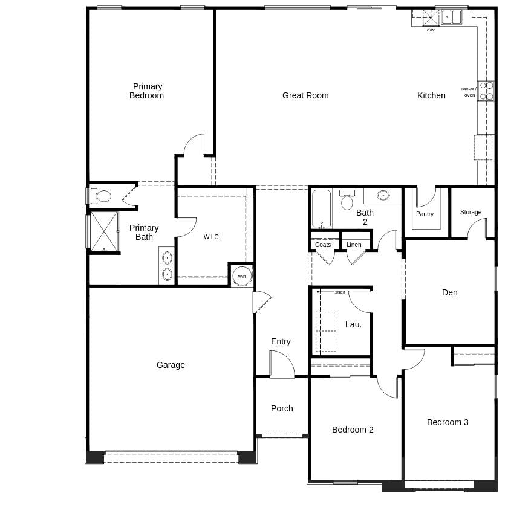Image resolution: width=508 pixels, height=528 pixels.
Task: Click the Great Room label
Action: (x=305, y=95)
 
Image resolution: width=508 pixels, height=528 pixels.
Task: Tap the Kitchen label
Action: (x=431, y=95)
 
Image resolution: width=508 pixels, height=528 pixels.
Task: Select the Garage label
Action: (x=171, y=365)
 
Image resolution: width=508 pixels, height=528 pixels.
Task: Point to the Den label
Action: (x=449, y=292)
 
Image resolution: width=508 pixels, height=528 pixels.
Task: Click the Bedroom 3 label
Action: (x=448, y=422)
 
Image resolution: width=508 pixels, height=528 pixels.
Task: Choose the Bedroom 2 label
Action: (x=353, y=430)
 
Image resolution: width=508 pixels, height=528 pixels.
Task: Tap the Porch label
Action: (x=282, y=408)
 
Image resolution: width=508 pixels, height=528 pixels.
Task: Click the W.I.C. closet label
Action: (x=212, y=237)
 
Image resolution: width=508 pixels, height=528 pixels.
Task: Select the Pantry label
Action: (x=425, y=214)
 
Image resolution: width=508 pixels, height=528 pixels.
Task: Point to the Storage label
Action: (x=471, y=212)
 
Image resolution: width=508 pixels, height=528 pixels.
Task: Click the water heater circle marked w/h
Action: (x=242, y=276)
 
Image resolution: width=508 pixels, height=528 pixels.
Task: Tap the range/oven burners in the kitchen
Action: (x=486, y=91)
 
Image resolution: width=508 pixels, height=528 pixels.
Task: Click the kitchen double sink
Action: (x=451, y=17)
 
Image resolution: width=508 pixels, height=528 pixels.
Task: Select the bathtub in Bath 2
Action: (x=322, y=208)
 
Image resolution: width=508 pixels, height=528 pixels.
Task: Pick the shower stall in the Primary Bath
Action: (x=104, y=231)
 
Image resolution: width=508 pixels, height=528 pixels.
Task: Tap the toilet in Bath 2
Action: (x=347, y=201)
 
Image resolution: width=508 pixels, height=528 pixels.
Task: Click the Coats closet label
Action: (x=323, y=245)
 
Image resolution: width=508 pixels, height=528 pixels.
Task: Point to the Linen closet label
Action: (x=354, y=245)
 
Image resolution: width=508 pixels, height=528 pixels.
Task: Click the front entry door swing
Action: (x=282, y=365)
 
